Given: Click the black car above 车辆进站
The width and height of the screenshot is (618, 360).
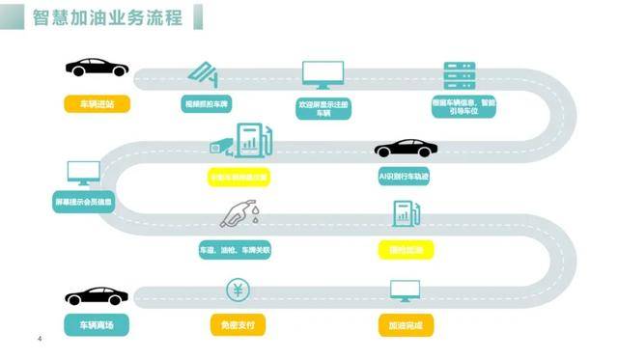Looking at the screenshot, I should click(97, 69).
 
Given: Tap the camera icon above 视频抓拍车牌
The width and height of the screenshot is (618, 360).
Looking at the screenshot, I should click(205, 74).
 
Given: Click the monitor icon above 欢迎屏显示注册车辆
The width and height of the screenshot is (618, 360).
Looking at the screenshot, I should click(323, 74).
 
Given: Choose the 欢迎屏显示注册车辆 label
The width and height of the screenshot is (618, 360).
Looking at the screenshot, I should click(323, 106).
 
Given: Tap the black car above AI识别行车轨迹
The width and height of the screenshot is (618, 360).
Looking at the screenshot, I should click(406, 149).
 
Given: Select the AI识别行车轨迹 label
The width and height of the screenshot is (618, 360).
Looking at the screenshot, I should click(406, 178).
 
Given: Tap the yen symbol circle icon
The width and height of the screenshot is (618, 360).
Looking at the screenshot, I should click(238, 289).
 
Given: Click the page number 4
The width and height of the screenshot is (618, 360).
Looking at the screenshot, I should click(39, 338).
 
